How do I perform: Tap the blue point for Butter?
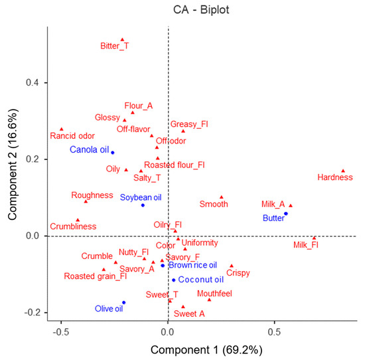click(x=285, y=214)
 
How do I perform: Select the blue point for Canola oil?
click(x=113, y=153)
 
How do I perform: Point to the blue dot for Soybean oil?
click(x=143, y=205)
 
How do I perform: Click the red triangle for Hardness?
click(x=343, y=171)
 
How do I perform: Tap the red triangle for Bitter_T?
click(x=122, y=40)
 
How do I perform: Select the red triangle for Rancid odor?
click(x=62, y=130)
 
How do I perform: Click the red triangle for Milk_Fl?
click(x=314, y=238)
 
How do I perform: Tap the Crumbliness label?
click(x=73, y=226)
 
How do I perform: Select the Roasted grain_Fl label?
click(x=95, y=276)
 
